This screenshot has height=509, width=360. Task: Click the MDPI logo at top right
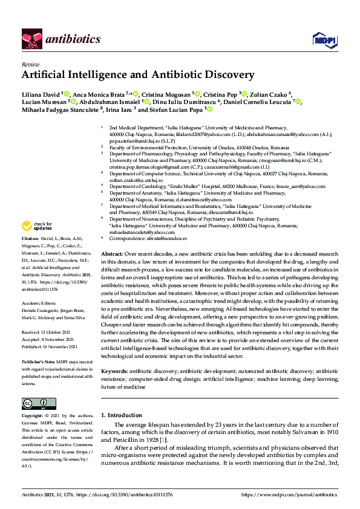(324, 39)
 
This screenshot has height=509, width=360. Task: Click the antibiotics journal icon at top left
(31, 39)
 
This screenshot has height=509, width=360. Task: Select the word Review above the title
(30, 63)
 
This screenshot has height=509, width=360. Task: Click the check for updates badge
(38, 227)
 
